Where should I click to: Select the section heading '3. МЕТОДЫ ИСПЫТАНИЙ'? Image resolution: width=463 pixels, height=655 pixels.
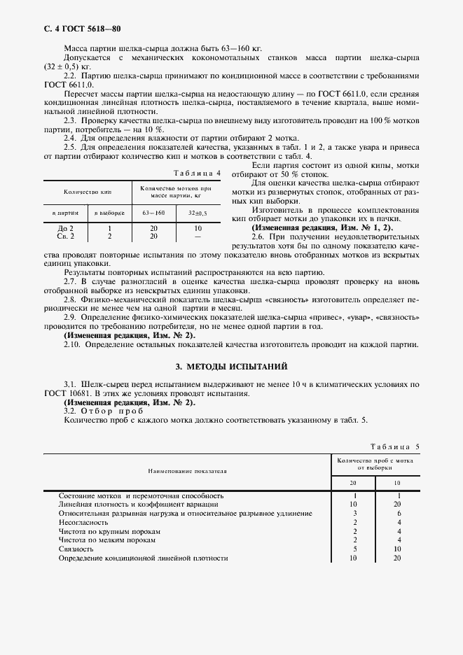click(231, 367)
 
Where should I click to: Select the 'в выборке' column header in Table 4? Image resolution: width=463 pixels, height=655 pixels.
click(109, 212)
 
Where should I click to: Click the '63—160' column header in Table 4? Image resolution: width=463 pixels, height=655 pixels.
click(153, 212)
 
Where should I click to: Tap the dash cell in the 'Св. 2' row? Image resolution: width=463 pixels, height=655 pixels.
click(198, 237)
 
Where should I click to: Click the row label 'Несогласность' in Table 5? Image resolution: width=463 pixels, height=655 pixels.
click(83, 522)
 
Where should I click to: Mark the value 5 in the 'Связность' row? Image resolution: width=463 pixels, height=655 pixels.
click(355, 549)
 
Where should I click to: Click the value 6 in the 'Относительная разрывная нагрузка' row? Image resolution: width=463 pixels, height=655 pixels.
click(398, 513)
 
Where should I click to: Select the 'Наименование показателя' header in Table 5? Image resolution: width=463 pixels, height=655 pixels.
click(187, 472)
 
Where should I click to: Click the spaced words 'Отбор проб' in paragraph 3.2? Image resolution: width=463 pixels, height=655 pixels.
click(111, 411)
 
